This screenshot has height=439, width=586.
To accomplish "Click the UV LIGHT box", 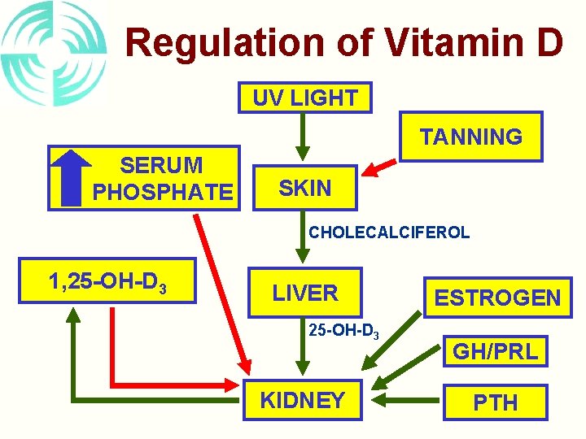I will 304,98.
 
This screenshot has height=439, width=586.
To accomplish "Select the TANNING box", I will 470,137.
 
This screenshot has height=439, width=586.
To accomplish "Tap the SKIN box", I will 304,189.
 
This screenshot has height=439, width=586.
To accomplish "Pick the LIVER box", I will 304,293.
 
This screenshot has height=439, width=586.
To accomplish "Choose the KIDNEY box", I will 302,400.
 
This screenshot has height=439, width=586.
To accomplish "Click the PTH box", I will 495,402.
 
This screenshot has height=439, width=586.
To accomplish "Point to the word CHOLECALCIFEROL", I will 388,233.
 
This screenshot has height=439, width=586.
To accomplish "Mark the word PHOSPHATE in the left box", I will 162,193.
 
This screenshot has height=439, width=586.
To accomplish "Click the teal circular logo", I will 52,54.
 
